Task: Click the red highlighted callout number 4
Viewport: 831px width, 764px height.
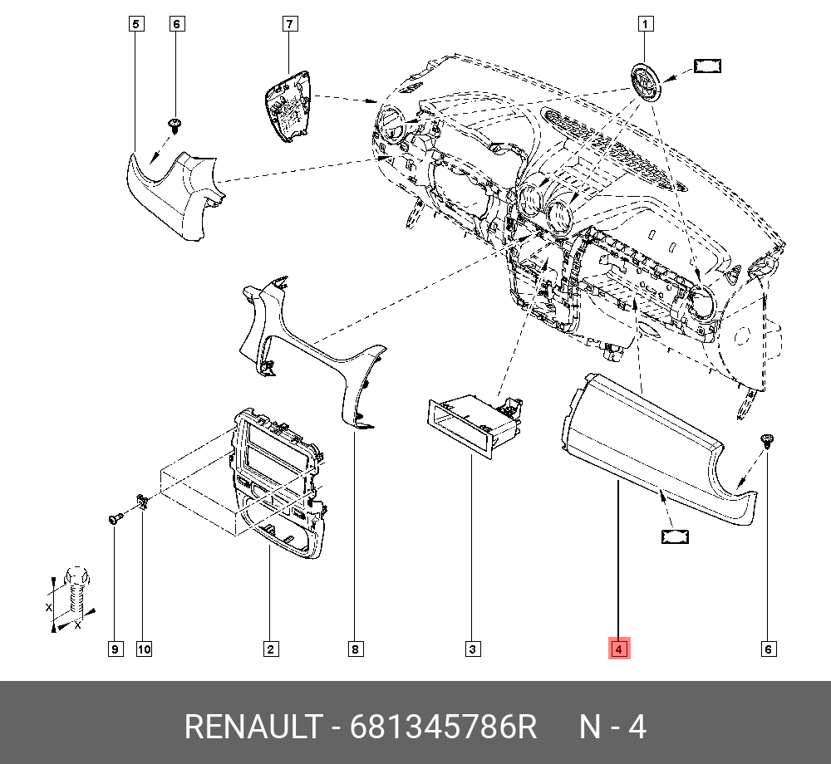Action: click(x=619, y=648)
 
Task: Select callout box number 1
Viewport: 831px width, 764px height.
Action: click(x=645, y=24)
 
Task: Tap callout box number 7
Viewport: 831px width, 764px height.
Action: click(x=289, y=24)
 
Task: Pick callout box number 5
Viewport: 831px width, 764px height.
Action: click(x=136, y=24)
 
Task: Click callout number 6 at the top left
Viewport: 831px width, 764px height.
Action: click(x=176, y=24)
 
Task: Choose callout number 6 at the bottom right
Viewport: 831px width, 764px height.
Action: click(x=769, y=649)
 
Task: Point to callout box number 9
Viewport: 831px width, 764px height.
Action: click(x=115, y=649)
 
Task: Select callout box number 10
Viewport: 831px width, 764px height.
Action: click(x=144, y=649)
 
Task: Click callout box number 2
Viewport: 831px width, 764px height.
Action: click(x=270, y=649)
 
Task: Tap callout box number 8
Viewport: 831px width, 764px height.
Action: click(x=356, y=649)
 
